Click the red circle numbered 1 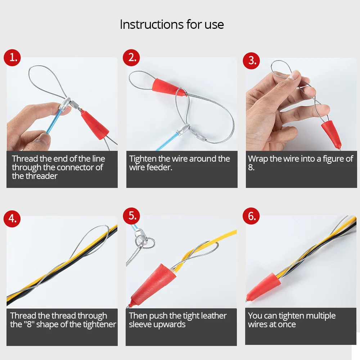click(x=12, y=58)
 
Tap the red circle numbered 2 click(x=131, y=58)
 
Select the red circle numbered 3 click(x=251, y=60)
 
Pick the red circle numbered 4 click(x=12, y=219)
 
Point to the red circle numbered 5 click(x=131, y=216)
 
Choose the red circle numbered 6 click(x=251, y=216)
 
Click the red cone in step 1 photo click(x=95, y=125)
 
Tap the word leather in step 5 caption click(x=212, y=316)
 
